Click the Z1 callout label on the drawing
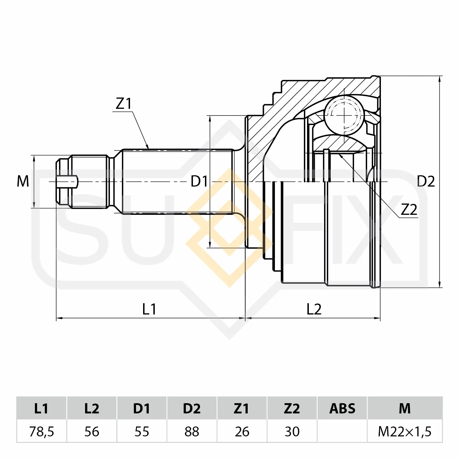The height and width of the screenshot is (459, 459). coord(124,104)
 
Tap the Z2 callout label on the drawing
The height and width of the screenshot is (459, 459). coord(409,210)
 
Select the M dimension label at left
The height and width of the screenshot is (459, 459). coord(23,181)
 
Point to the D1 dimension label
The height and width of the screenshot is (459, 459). coord(199,182)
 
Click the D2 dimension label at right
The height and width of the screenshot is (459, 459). coord(426,181)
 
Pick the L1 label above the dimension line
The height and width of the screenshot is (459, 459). coord(149,309)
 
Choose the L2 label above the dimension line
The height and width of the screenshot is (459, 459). coord(314,309)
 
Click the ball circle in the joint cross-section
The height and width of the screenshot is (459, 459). coord(344,115)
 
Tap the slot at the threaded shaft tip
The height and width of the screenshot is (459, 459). coord(67,182)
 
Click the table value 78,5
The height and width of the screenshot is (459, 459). coord(42,431)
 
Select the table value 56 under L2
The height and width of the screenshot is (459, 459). coord(92,431)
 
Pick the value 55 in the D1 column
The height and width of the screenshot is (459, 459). coord(142,431)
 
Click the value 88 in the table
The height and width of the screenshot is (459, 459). coord(192,431)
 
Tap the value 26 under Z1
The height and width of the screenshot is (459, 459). coord(242,431)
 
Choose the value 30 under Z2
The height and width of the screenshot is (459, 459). coord(292,431)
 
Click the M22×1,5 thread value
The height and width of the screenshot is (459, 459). coord(405,431)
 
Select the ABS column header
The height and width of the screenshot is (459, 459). coord(342,408)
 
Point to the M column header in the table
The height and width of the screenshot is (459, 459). coord(405,408)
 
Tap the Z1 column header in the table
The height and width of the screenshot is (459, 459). coord(241,408)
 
